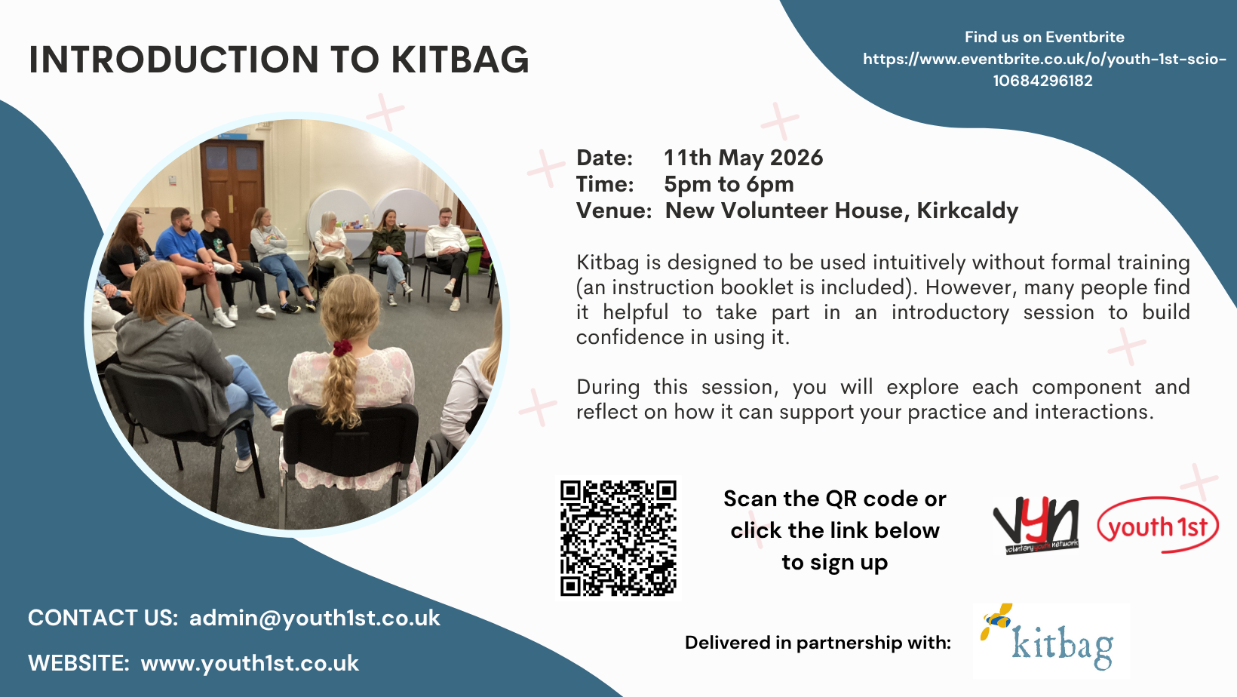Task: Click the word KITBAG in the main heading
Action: click(460, 60)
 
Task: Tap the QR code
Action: click(618, 538)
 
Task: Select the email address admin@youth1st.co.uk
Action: click(315, 618)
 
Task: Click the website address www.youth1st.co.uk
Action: click(250, 663)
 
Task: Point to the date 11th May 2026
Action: click(743, 158)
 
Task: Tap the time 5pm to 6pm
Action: click(729, 184)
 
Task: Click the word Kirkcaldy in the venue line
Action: click(967, 210)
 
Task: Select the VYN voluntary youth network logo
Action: click(1036, 525)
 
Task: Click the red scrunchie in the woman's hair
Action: click(342, 348)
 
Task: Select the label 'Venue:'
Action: click(614, 210)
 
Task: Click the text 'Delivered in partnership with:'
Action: click(818, 643)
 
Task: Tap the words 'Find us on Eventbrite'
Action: click(1044, 37)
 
